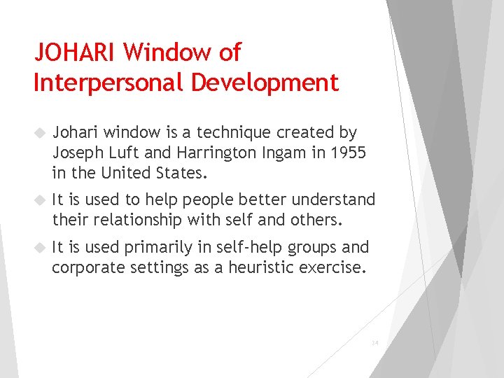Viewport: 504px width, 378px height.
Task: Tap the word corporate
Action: (86, 267)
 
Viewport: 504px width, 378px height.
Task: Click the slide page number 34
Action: (374, 344)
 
